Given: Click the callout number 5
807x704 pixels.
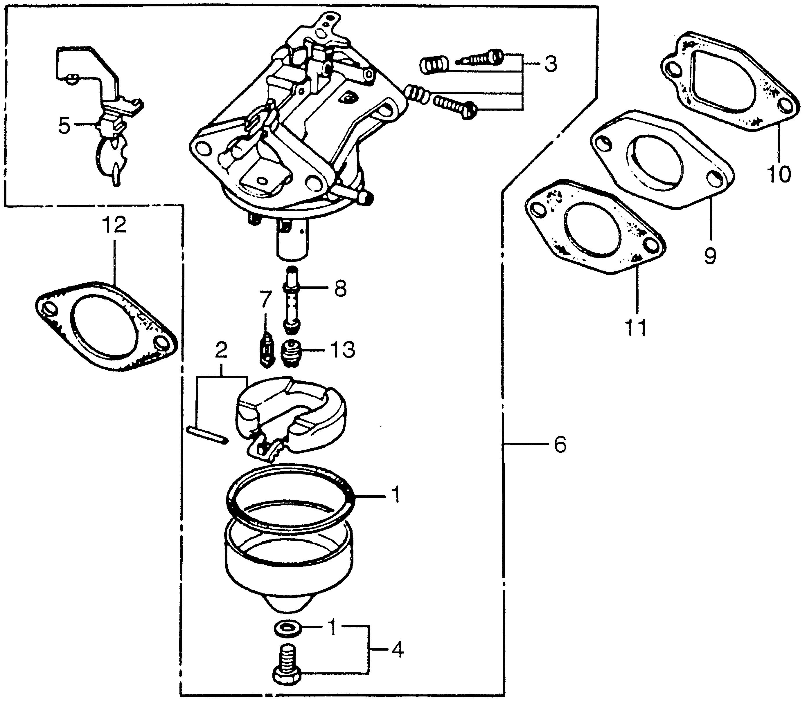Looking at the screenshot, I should (x=65, y=125).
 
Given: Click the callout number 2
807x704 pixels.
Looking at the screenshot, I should (x=221, y=350).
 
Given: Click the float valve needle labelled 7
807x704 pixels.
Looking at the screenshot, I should (x=267, y=349).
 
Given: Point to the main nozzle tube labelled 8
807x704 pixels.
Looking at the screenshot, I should (x=291, y=301).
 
